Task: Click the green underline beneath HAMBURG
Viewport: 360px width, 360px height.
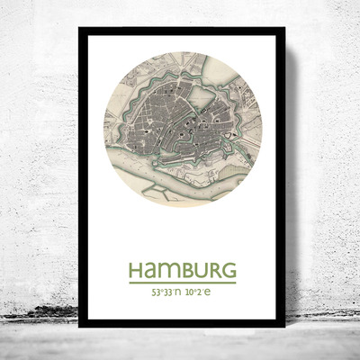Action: coord(182,283)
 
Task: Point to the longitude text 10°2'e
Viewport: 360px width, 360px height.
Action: coord(199,292)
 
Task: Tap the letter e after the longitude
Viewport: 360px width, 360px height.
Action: coord(210,293)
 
